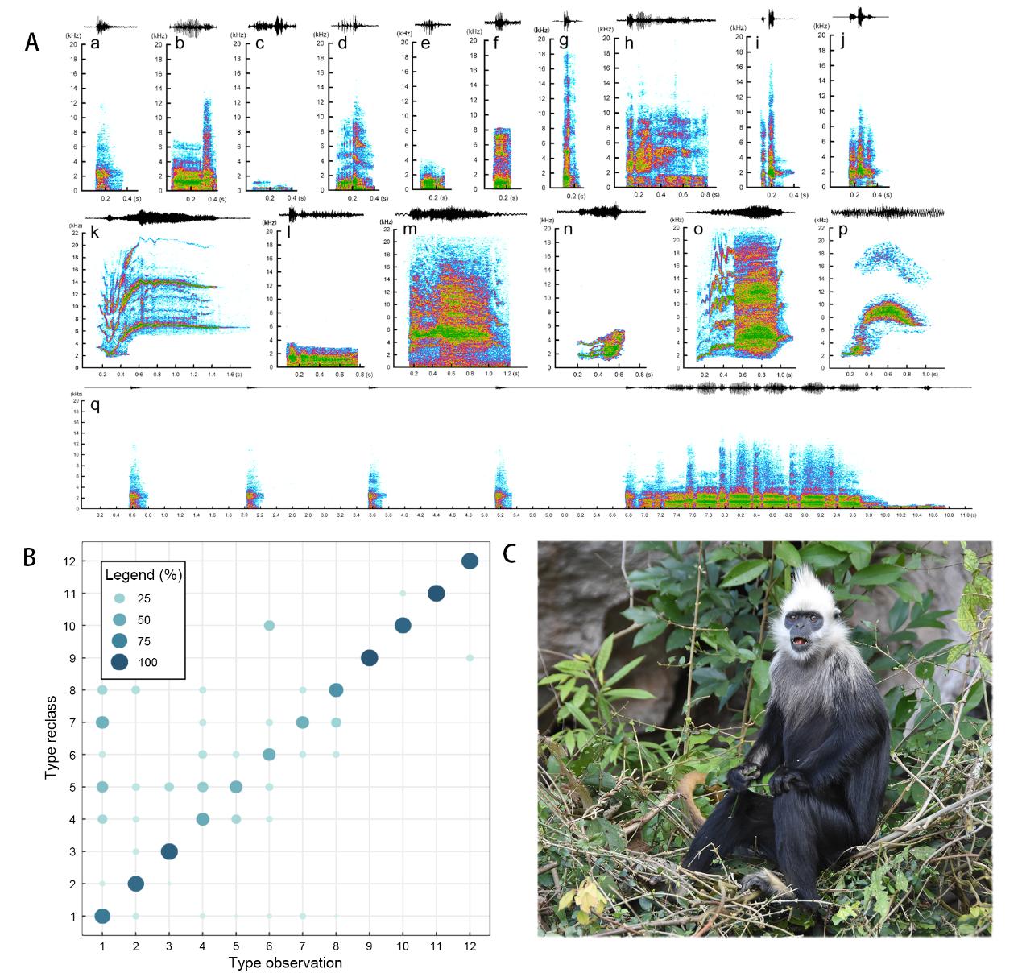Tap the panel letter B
click(x=30, y=557)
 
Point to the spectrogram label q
click(x=95, y=405)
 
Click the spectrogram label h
click(x=628, y=43)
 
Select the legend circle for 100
click(x=119, y=663)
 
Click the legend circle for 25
click(x=119, y=598)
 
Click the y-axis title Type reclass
click(x=52, y=738)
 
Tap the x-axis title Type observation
click(x=285, y=963)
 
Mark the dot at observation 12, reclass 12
click(x=470, y=561)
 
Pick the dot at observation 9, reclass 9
click(x=370, y=658)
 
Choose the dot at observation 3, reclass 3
click(x=169, y=851)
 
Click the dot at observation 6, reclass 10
click(x=269, y=626)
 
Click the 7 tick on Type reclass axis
click(x=72, y=722)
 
